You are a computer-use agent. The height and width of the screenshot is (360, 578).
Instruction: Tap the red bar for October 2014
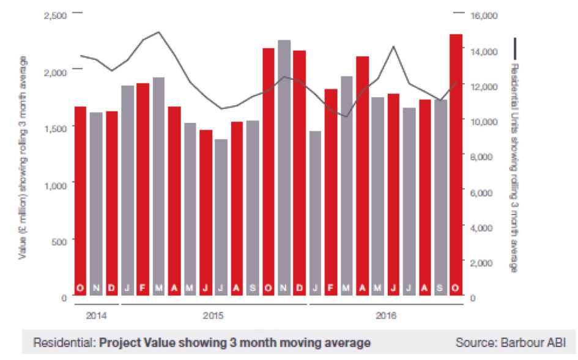coord(80,202)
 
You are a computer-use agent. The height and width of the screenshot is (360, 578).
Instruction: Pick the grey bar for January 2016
coord(315,214)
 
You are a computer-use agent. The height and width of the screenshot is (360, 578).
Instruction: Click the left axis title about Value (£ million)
coord(24,156)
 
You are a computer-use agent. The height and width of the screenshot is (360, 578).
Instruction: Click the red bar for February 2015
coord(143,189)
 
